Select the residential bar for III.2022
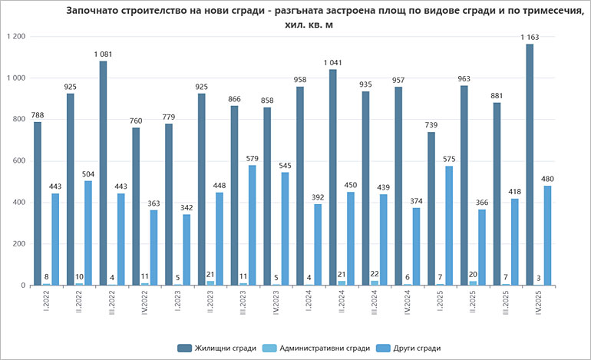pos(103,173)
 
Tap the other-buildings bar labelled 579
pos(253,226)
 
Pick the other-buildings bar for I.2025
pos(449,226)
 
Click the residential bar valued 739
pos(431,209)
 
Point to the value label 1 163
pos(529,37)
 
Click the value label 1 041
pos(332,62)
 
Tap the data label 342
pos(187,207)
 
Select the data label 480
pos(547,179)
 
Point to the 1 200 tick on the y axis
pos(15,37)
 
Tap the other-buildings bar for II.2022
pos(88,233)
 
